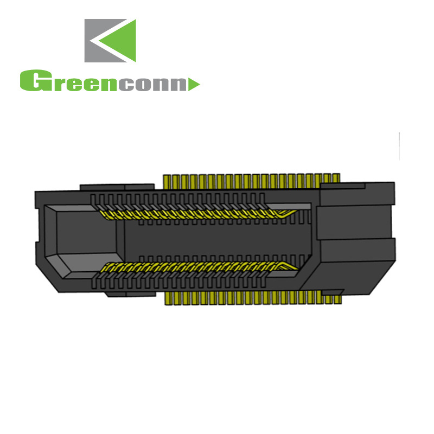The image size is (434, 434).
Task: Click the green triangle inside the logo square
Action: [x=124, y=41]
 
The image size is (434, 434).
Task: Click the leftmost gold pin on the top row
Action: [x=167, y=181]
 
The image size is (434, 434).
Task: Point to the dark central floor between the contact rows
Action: [x=217, y=239]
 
